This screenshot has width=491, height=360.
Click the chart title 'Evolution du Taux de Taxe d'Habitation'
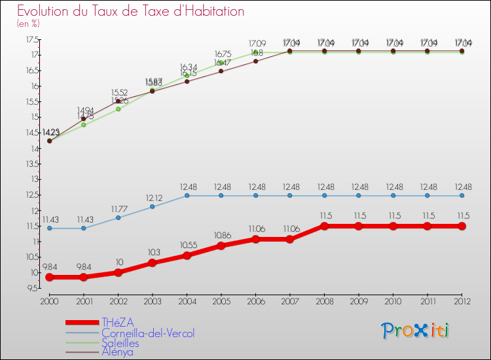coord(131,12)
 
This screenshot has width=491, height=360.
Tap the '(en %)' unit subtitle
coord(28,24)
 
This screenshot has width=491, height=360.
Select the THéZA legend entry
coord(118,323)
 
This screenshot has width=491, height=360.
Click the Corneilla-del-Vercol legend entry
coord(147,333)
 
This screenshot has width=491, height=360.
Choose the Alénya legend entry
coord(117,351)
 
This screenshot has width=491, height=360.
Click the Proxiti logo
coord(416,331)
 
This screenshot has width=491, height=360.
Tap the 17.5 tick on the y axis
coord(31,39)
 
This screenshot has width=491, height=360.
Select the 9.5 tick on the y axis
coord(31,289)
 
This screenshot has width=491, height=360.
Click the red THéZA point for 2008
coord(324,226)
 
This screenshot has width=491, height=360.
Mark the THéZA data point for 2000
coord(49,278)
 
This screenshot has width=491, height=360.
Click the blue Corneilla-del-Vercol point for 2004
coord(187,195)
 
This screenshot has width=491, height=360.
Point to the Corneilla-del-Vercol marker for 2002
coord(118,217)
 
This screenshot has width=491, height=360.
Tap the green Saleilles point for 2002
coord(118,109)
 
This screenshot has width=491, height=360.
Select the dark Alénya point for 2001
coord(83,118)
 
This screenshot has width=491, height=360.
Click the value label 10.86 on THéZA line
coord(221,234)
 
